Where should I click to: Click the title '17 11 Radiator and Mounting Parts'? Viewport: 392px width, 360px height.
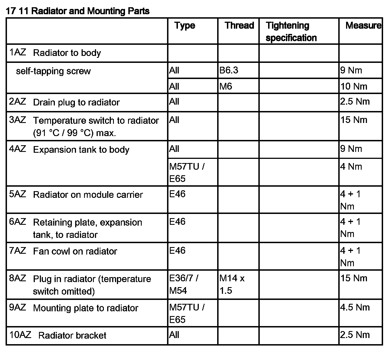point(77,11)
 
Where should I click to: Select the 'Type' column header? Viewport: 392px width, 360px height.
point(185,26)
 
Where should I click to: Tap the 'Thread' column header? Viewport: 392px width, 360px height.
point(239,26)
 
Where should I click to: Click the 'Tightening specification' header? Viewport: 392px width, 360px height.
point(291,31)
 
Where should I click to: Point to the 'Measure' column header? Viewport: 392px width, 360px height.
point(363,26)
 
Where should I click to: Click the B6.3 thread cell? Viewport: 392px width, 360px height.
point(229,70)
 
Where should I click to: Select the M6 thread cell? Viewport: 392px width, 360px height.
point(226,87)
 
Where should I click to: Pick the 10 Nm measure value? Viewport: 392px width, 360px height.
point(354,87)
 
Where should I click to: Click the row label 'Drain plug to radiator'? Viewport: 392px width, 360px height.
point(76,102)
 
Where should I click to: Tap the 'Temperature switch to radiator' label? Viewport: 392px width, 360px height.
point(96,120)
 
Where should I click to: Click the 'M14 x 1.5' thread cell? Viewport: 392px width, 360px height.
point(232,284)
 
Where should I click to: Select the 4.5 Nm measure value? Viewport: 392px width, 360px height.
point(355,307)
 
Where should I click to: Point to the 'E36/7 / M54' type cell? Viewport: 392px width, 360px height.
point(184,284)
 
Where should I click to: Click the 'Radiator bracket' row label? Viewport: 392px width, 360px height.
point(72,335)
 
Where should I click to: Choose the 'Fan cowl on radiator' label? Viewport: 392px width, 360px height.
point(75,251)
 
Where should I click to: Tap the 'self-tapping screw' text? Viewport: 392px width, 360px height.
point(53,71)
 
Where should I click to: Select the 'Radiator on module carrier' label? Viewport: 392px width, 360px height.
point(88,195)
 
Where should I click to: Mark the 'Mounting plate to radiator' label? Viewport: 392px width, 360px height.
point(85,308)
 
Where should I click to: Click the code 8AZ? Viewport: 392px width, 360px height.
point(18,278)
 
